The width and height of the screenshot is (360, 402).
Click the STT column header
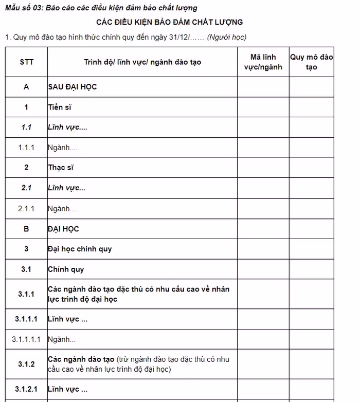click(26, 62)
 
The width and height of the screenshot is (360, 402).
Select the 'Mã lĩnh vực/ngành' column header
click(263, 62)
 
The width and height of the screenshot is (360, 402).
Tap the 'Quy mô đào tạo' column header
click(311, 62)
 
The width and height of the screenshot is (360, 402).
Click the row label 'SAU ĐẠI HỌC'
click(72, 87)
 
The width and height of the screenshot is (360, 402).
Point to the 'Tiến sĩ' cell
click(59, 107)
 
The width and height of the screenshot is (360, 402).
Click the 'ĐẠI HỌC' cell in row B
click(63, 229)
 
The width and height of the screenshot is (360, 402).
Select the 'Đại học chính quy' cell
click(80, 249)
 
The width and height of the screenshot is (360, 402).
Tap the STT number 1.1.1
click(26, 148)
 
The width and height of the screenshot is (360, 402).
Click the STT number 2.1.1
click(26, 208)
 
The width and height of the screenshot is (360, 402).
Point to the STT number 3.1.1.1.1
click(26, 339)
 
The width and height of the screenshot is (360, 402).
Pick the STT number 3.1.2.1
click(26, 389)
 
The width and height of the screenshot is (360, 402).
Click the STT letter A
click(26, 87)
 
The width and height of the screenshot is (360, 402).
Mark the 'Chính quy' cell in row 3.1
click(66, 269)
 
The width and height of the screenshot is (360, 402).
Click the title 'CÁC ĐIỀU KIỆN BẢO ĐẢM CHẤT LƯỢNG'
click(170, 22)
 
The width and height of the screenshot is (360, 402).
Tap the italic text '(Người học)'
click(227, 37)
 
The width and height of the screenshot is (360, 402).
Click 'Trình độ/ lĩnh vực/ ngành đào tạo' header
click(142, 62)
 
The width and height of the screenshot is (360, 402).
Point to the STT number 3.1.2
click(26, 364)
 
